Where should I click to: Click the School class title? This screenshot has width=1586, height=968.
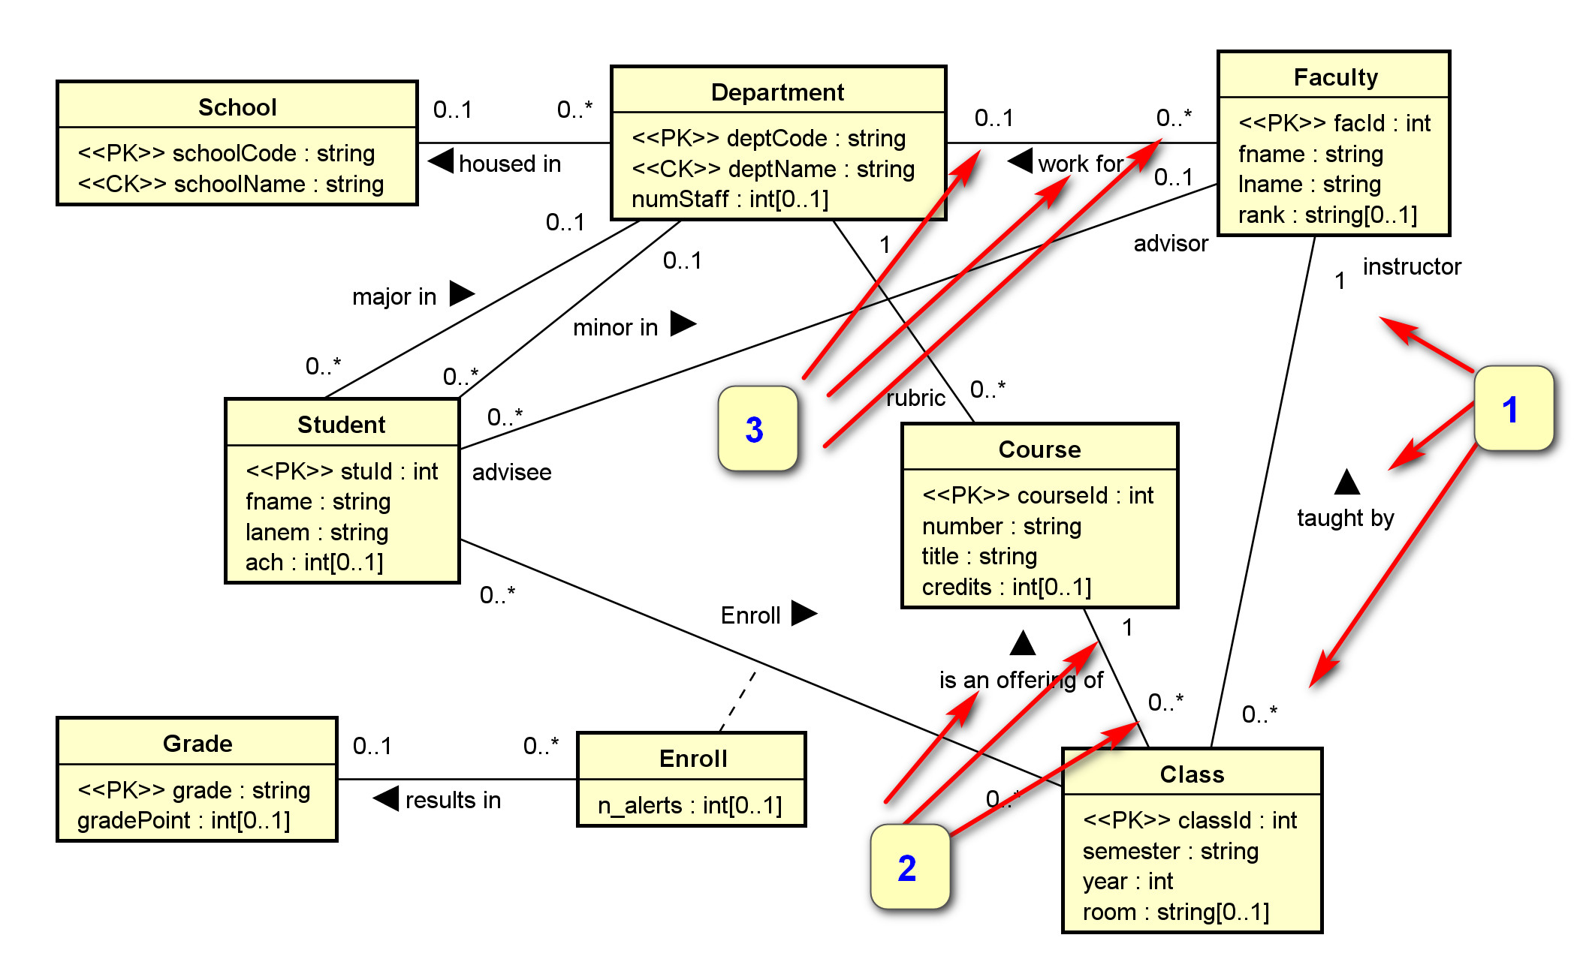(x=237, y=107)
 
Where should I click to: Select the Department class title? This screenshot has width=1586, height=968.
(x=777, y=92)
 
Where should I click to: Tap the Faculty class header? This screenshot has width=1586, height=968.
(x=1335, y=77)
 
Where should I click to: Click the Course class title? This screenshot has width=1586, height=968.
(x=1039, y=449)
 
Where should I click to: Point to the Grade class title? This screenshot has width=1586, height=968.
(x=197, y=744)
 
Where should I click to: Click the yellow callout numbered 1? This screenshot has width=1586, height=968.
(x=1512, y=409)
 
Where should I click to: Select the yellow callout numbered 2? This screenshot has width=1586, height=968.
(x=909, y=867)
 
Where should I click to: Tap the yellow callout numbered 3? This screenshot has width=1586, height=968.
(x=756, y=429)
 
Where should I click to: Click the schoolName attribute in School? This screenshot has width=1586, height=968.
(x=231, y=185)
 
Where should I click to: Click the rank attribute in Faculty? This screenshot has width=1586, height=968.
(x=1327, y=215)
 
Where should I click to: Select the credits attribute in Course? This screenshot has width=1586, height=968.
(x=1006, y=587)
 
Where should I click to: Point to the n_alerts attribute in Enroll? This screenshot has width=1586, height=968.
(x=689, y=806)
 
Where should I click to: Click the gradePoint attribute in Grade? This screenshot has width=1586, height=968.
(x=183, y=821)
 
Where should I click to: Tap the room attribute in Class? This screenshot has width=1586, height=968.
(x=1175, y=912)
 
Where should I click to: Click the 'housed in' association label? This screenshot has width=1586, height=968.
(x=509, y=164)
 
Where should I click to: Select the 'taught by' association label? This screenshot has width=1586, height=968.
(x=1345, y=518)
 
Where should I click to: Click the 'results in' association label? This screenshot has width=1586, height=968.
(x=452, y=800)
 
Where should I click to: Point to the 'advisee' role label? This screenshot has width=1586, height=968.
(x=511, y=472)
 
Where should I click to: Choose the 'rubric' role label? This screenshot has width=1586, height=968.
(x=915, y=398)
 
